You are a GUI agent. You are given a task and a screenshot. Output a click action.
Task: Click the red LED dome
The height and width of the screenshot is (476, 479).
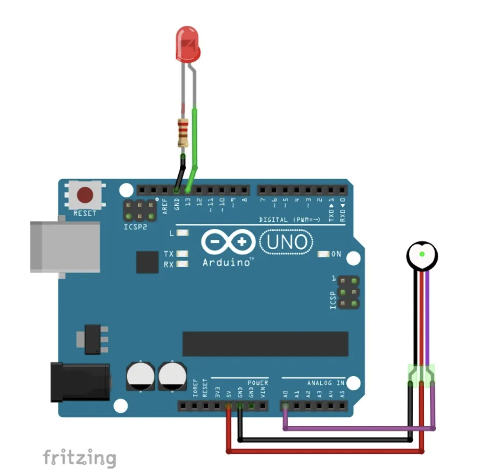(x=188, y=44)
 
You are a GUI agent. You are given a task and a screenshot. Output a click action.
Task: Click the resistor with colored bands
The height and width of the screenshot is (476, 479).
(x=183, y=132)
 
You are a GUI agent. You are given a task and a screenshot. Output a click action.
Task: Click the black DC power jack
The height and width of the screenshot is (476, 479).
(x=80, y=382)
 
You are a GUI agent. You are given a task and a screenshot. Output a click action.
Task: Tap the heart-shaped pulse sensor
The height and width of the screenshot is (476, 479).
(x=422, y=255)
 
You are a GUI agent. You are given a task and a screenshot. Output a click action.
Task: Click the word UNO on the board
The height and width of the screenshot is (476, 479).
(x=287, y=242)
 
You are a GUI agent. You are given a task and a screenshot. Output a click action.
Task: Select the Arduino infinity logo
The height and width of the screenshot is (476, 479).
(x=228, y=242)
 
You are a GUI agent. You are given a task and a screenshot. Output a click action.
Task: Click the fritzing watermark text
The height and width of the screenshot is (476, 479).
(x=79, y=458)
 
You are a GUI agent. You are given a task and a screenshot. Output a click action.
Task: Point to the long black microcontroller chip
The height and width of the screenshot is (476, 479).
(x=265, y=344)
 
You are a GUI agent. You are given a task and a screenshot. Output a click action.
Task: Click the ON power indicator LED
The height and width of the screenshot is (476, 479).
(x=323, y=254)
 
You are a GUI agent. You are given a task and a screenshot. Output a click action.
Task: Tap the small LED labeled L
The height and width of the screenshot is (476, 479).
(x=182, y=233)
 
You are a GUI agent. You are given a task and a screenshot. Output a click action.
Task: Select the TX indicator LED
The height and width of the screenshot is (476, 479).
(x=182, y=254)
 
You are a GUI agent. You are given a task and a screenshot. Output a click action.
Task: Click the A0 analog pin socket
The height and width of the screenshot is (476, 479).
(x=286, y=406)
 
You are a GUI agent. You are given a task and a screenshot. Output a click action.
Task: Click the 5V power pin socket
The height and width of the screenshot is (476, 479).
(x=229, y=406)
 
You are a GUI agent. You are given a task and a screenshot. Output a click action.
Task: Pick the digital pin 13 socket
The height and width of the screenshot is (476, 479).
(x=188, y=190)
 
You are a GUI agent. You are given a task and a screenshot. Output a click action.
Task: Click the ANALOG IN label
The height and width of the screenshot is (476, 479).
(x=326, y=383)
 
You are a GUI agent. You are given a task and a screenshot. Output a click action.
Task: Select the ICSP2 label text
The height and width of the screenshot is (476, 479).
(x=135, y=227)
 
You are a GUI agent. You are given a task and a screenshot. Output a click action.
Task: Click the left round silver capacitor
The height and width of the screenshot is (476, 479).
(x=140, y=376)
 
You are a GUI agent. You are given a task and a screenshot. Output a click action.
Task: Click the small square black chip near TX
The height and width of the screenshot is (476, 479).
(x=147, y=262)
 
